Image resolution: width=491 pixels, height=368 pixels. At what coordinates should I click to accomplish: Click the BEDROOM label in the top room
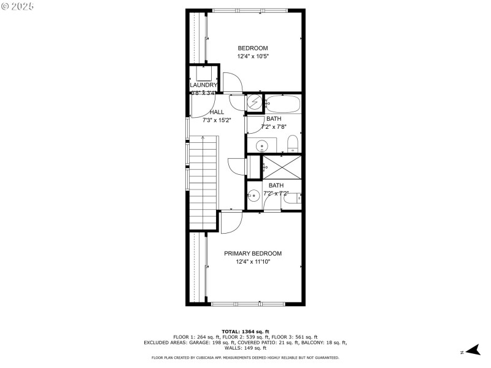point(253,48)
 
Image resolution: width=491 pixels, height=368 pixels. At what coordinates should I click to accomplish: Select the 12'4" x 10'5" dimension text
point(253,56)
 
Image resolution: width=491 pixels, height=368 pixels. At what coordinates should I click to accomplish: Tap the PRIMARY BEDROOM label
point(253,253)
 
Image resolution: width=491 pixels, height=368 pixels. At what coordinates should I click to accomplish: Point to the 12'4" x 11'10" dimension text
point(253,262)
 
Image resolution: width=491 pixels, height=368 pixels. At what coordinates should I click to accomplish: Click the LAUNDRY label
point(203,85)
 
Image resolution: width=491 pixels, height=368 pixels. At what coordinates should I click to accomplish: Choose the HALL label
point(217,112)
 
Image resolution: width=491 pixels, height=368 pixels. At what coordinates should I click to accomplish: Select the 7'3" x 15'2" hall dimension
point(217,120)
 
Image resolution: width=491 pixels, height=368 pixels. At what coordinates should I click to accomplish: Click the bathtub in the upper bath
point(283,103)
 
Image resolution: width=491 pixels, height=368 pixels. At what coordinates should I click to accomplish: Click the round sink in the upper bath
point(262,147)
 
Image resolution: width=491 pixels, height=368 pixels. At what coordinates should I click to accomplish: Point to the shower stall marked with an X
point(282,166)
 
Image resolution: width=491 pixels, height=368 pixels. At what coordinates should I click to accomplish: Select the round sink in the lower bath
point(253,196)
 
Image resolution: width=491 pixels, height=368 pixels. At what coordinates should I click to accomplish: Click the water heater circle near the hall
point(255,103)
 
